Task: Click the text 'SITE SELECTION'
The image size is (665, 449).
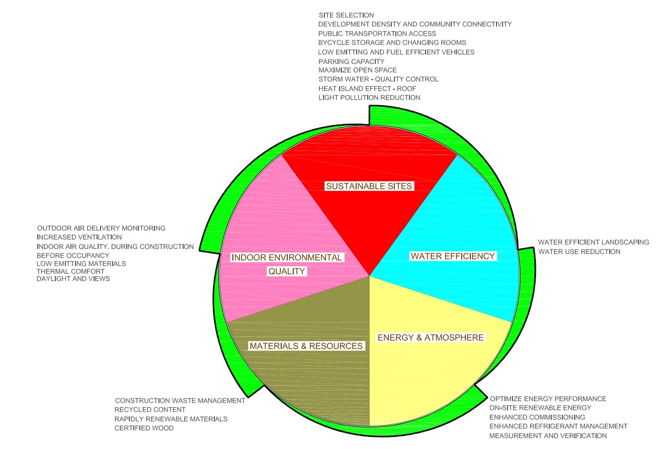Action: click(346, 15)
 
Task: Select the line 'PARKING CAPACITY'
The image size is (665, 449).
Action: click(351, 61)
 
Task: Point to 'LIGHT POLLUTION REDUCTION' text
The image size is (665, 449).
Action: click(369, 97)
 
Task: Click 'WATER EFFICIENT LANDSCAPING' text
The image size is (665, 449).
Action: click(594, 242)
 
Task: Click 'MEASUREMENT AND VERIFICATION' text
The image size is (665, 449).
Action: click(548, 435)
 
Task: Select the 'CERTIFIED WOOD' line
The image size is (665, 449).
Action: click(144, 428)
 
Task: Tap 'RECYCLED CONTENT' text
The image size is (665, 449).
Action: click(150, 410)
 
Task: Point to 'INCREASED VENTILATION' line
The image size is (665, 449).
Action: click(79, 237)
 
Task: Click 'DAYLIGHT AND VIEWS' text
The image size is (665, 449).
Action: click(73, 279)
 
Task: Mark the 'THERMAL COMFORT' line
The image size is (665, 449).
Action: click(70, 271)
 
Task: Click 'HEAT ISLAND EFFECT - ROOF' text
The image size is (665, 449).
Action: click(367, 88)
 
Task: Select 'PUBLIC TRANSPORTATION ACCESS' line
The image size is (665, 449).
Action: click(377, 33)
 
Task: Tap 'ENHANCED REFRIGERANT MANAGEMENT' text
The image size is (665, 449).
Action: click(558, 426)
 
